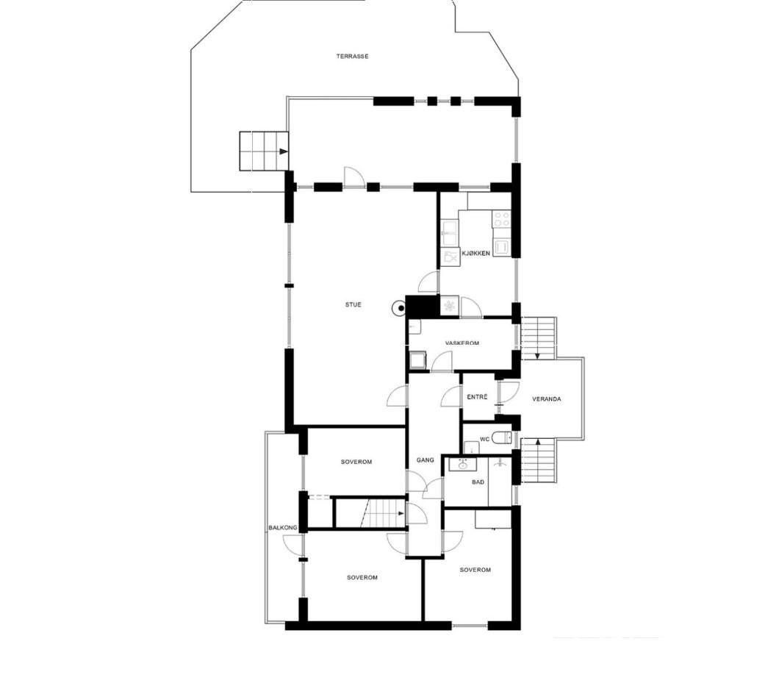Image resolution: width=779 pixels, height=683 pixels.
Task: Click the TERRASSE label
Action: tap(352, 57)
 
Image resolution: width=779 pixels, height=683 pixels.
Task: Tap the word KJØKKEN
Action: tap(475, 254)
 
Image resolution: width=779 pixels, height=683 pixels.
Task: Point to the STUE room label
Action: tap(353, 304)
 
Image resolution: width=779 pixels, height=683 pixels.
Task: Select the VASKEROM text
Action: tap(462, 343)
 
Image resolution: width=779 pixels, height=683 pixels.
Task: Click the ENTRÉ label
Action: tap(477, 397)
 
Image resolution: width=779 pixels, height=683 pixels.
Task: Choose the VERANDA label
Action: tap(547, 399)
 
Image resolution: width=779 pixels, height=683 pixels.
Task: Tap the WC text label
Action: tap(484, 439)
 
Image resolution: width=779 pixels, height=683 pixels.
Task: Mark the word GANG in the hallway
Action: tap(426, 460)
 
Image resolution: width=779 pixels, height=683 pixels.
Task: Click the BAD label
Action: tap(478, 482)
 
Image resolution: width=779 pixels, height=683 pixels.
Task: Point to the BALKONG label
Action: tap(283, 528)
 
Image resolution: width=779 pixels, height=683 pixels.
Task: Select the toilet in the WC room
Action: tap(502, 438)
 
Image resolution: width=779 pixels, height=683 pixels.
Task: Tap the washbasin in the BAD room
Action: tap(463, 464)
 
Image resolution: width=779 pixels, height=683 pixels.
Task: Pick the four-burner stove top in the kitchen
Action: tap(501, 219)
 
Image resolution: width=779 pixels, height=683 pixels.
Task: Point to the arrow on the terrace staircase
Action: tap(283, 151)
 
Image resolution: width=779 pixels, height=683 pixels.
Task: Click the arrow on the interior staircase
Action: tap(401, 513)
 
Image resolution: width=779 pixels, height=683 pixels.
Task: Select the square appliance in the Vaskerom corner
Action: tap(418, 360)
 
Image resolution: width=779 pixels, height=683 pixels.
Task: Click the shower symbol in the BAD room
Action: tap(500, 463)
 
